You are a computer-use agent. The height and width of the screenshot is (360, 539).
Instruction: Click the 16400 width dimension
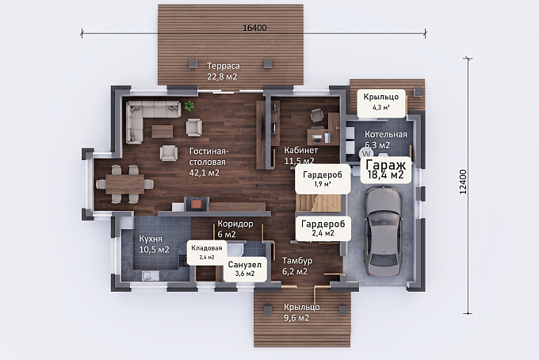pyautogui.click(x=254, y=28)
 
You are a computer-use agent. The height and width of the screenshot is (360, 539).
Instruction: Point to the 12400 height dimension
pyautogui.click(x=464, y=182)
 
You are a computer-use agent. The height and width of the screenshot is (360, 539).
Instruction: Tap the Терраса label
pyautogui.click(x=223, y=66)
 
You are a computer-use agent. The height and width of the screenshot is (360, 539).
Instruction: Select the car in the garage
pyautogui.click(x=384, y=231)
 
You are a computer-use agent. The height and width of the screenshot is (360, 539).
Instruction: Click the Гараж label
pyautogui.click(x=386, y=165)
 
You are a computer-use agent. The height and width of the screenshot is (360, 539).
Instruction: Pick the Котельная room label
pyautogui.click(x=386, y=134)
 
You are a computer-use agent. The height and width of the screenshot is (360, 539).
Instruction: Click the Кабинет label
pyautogui.click(x=300, y=150)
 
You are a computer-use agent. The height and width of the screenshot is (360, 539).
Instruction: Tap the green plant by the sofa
pyautogui.click(x=189, y=105)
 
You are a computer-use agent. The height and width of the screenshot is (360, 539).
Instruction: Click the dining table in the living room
pyautogui.click(x=125, y=184)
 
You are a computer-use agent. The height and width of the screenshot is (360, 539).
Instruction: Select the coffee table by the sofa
pyautogui.click(x=162, y=131)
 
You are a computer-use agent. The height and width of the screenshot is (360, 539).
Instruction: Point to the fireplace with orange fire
pyautogui.click(x=197, y=204)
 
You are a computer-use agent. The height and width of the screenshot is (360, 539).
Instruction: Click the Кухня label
pyautogui.click(x=151, y=239)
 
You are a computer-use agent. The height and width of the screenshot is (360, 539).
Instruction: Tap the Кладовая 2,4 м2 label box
pyautogui.click(x=207, y=252)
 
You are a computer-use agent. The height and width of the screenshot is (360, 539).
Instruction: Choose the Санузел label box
pyautogui.click(x=245, y=269)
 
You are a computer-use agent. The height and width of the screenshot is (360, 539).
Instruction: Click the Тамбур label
pyautogui.click(x=297, y=261)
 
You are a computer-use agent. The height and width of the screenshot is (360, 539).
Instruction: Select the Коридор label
pyautogui.click(x=235, y=224)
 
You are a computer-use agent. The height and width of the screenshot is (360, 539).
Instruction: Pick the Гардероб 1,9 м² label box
pyautogui.click(x=323, y=178)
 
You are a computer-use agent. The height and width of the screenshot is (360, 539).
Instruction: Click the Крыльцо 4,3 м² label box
pyautogui.click(x=381, y=102)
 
